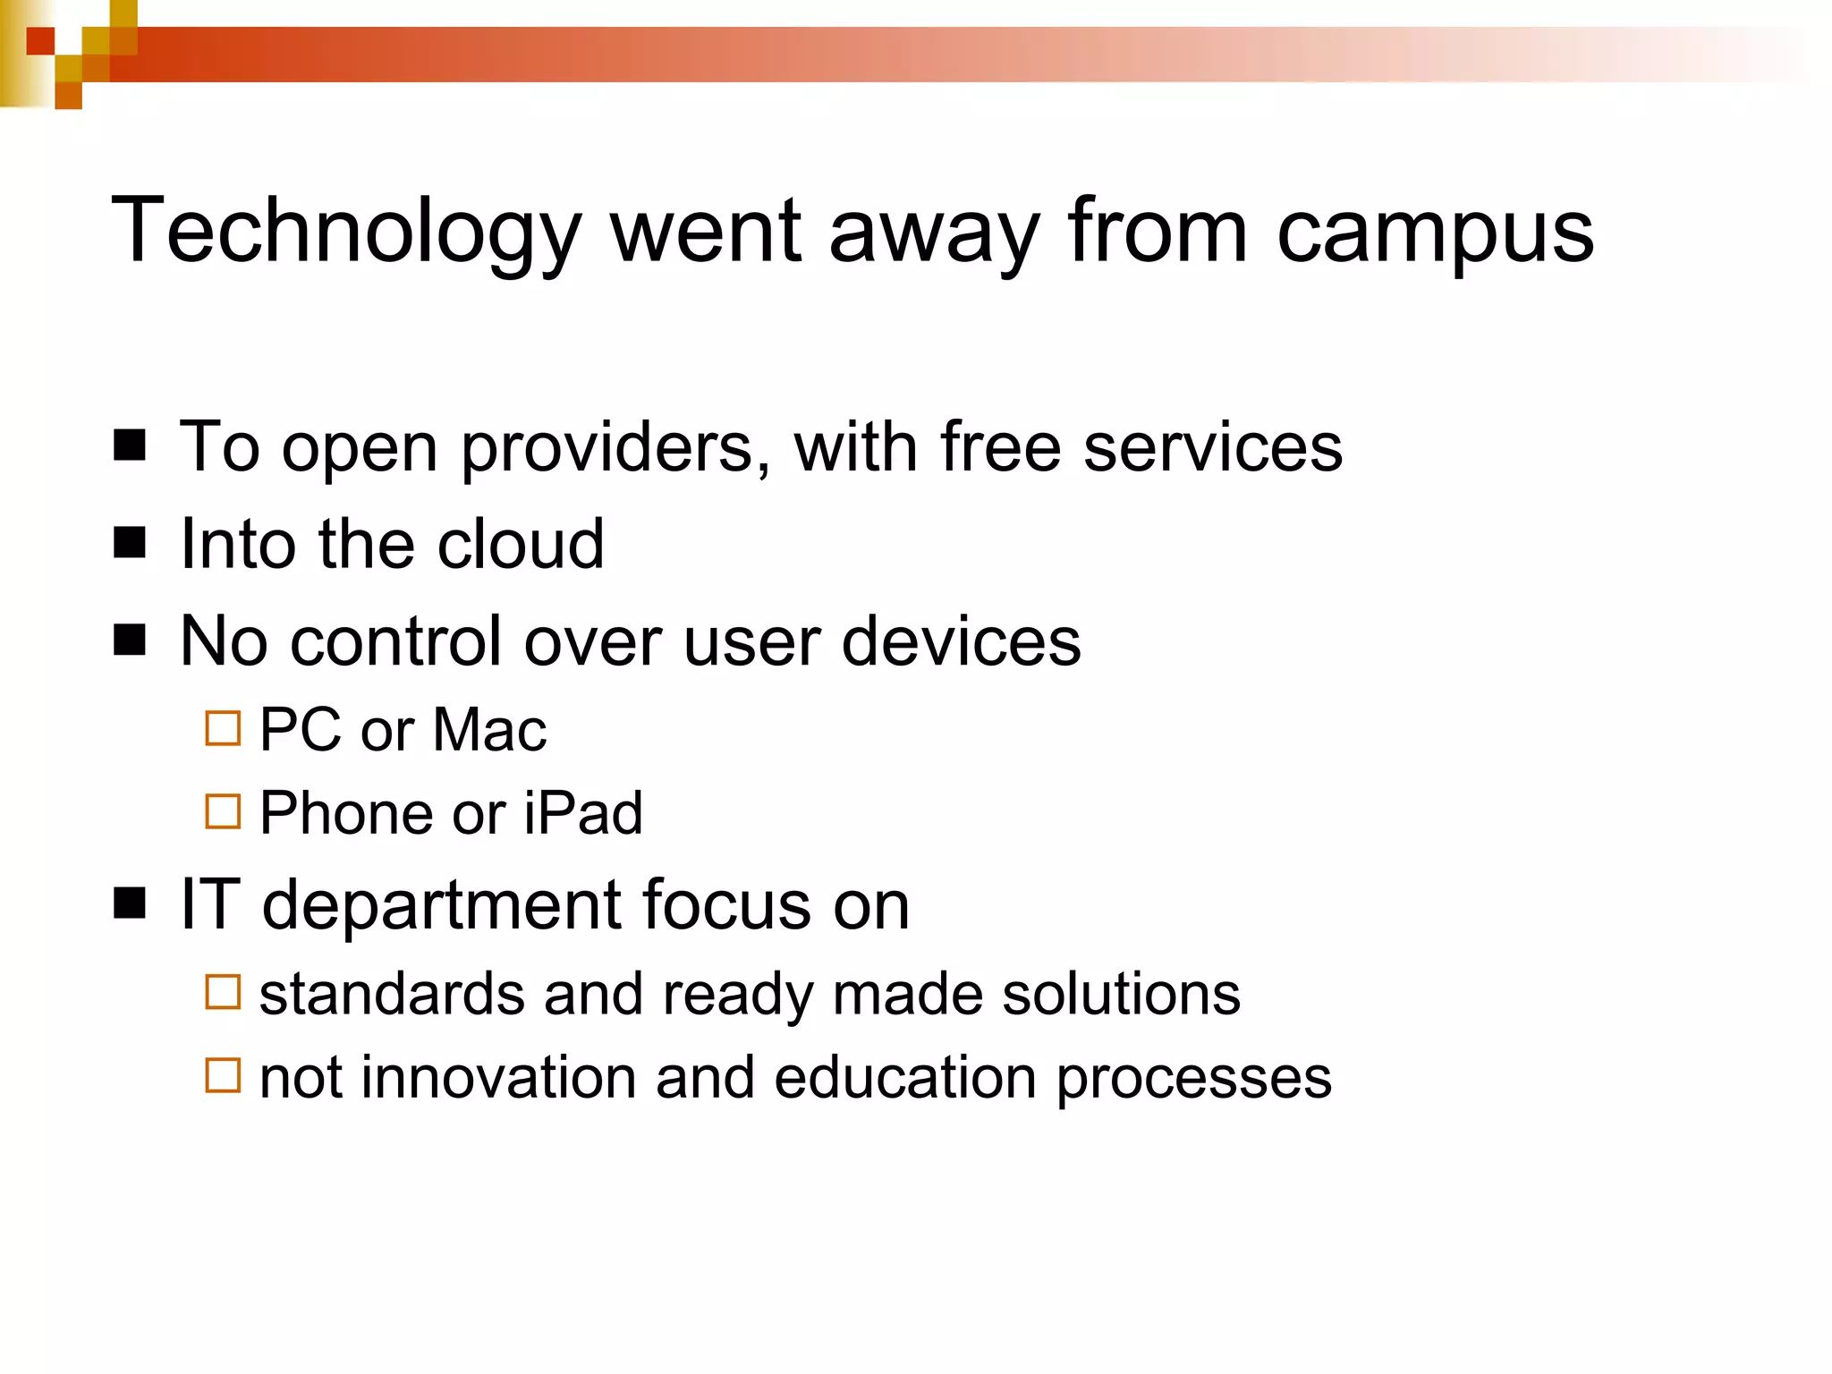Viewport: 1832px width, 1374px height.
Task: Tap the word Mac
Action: [489, 729]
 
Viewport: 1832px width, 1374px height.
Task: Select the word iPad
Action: [583, 813]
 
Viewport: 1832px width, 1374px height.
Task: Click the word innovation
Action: [500, 1077]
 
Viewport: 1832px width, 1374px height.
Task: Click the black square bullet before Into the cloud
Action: [131, 542]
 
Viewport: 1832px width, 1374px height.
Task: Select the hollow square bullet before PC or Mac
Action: [223, 728]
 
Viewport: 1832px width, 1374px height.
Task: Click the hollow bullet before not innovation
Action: [223, 1075]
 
